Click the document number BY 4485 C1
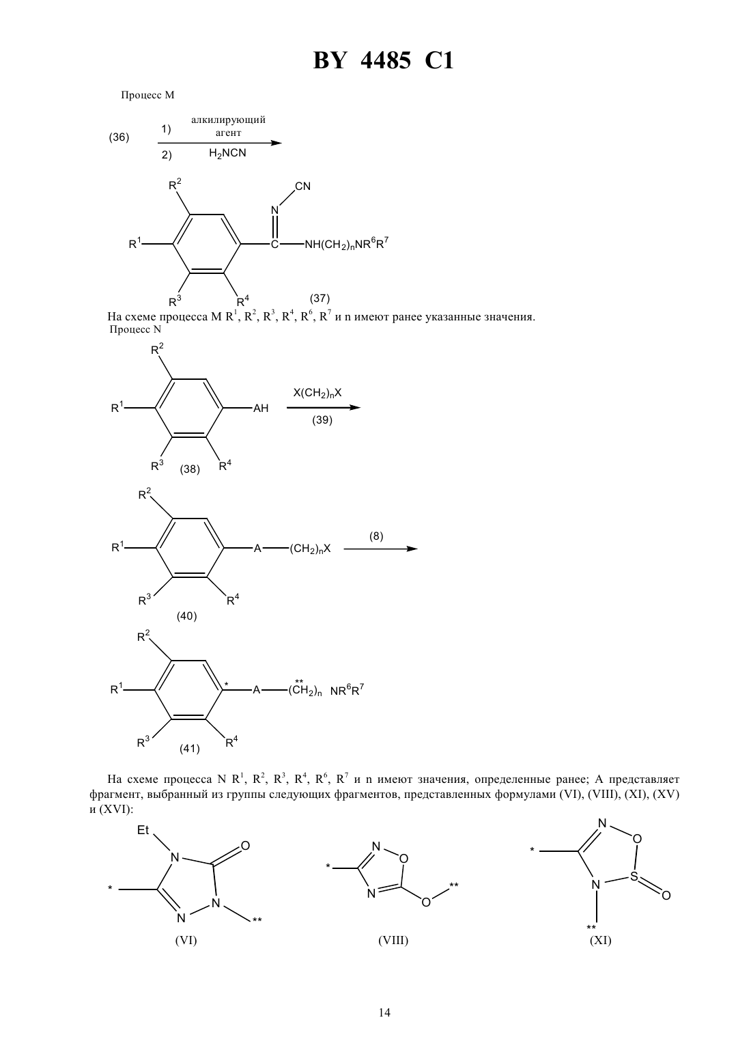[x=383, y=61]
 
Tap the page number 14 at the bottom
[x=384, y=1012]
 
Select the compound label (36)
[x=119, y=137]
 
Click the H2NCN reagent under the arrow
[x=227, y=153]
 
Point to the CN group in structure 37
[x=303, y=186]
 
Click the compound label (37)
[x=320, y=298]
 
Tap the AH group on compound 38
[x=261, y=408]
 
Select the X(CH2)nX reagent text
[x=317, y=393]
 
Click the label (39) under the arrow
[x=322, y=420]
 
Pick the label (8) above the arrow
[x=376, y=536]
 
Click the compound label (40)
[x=187, y=616]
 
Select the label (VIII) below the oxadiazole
[x=393, y=940]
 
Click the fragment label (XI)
[x=600, y=940]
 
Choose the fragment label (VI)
[x=186, y=940]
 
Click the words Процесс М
[x=147, y=95]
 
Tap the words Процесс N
[x=135, y=329]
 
